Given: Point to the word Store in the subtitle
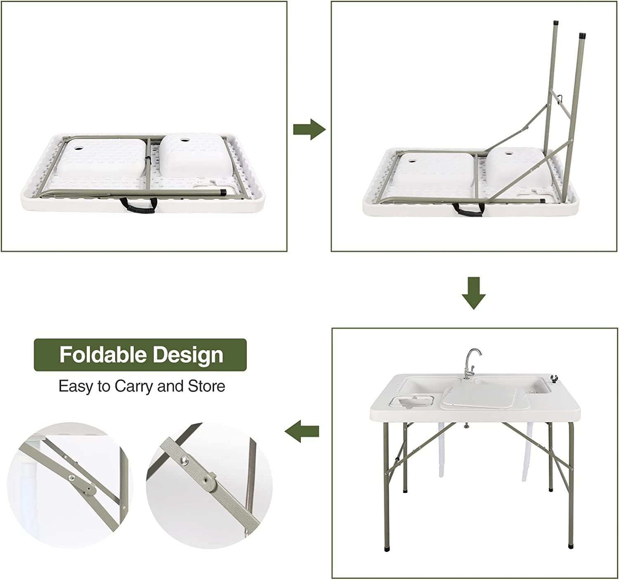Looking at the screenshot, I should pos(207,386).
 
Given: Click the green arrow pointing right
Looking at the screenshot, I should pos(309,130).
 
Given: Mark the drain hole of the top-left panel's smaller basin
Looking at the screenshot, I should pos(182,140).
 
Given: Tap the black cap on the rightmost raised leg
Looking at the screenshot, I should pos(582,37).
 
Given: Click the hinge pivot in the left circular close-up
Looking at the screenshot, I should pos(89,490).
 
